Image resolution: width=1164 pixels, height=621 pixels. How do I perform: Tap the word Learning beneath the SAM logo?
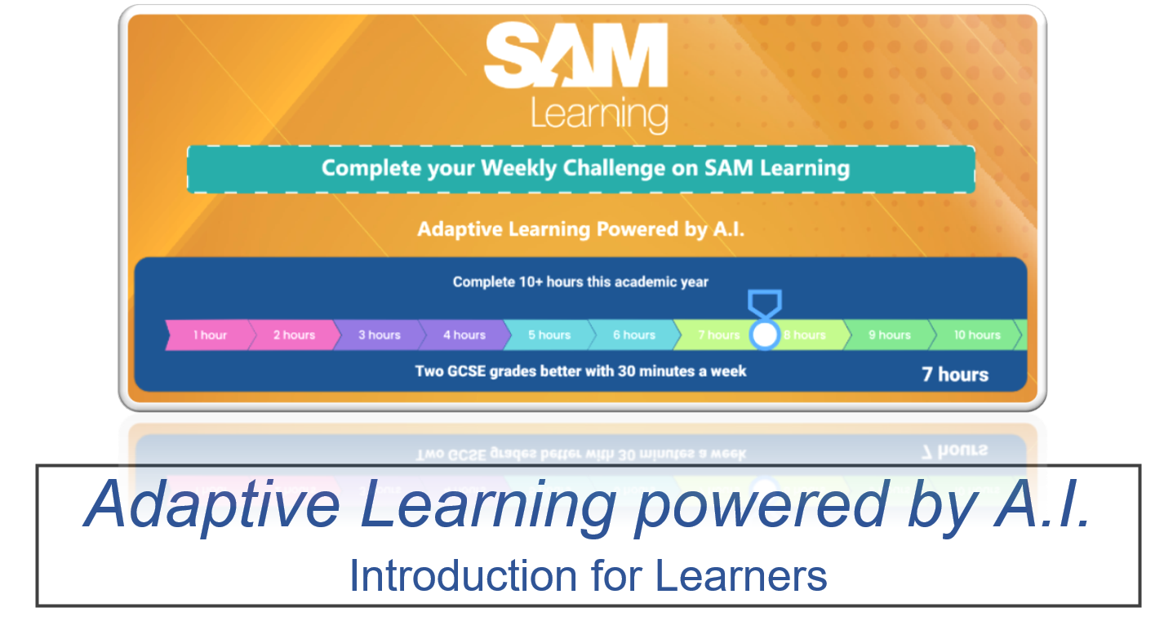pos(599,114)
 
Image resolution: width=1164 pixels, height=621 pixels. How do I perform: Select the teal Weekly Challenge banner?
pos(581,169)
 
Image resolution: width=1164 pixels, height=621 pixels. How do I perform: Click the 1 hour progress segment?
pos(210,335)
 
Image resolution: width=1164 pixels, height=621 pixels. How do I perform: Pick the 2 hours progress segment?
pos(294,335)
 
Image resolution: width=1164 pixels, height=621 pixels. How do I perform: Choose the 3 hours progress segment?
pos(379,335)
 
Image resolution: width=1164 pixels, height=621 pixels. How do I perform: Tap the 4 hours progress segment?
pos(464,335)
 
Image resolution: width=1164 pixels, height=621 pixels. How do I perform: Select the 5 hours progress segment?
pos(549,335)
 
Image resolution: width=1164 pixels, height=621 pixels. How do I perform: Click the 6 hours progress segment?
pos(633,335)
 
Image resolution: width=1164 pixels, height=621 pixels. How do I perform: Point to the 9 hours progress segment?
pos(889,335)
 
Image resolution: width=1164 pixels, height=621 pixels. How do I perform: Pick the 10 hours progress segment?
pos(976,335)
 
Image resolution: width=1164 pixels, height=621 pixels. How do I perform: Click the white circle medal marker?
pos(765,335)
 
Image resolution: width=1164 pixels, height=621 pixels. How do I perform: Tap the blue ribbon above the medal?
pos(765,303)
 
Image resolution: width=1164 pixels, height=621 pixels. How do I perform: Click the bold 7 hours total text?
pos(955,375)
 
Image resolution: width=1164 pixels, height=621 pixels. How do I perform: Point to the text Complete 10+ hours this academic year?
pos(580,282)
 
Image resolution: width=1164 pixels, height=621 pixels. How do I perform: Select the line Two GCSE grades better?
pos(580,371)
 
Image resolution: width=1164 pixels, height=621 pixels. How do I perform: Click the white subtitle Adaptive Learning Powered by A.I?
pos(580,229)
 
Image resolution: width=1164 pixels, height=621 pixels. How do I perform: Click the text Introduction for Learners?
pos(588,576)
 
